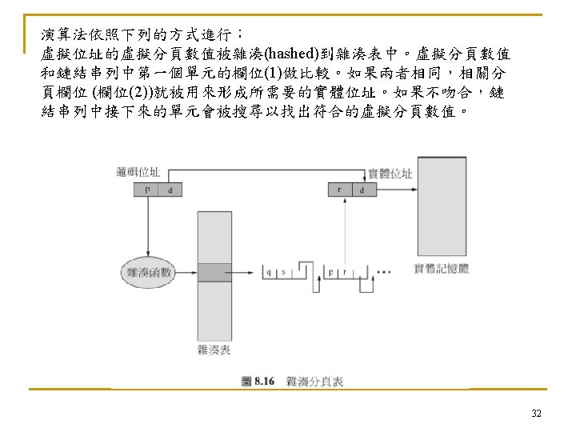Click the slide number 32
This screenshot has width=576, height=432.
tap(537, 414)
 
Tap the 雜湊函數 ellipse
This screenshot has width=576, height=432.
tap(149, 273)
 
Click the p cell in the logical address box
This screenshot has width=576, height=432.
tap(147, 190)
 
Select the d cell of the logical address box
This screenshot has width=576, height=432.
tap(170, 190)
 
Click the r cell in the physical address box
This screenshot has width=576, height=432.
tap(340, 190)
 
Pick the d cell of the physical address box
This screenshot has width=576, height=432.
tap(363, 190)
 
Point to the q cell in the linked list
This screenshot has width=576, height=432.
tap(270, 273)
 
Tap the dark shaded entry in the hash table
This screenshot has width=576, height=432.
tap(214, 272)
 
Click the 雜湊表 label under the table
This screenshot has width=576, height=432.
tap(214, 350)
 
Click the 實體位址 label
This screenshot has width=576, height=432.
tap(390, 173)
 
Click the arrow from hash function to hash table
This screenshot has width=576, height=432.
tap(184, 272)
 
